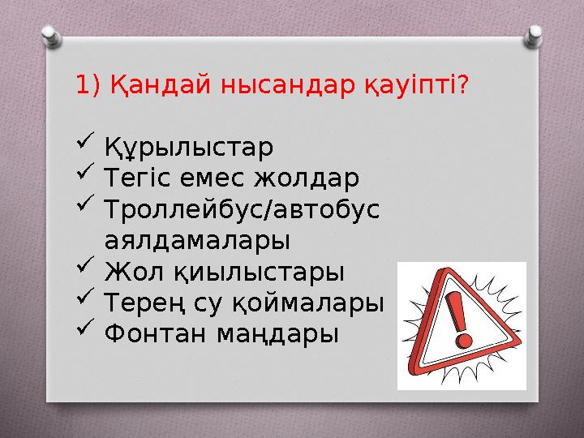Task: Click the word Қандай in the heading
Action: [148, 85]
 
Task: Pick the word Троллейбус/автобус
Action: [243, 208]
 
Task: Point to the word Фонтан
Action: [153, 332]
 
